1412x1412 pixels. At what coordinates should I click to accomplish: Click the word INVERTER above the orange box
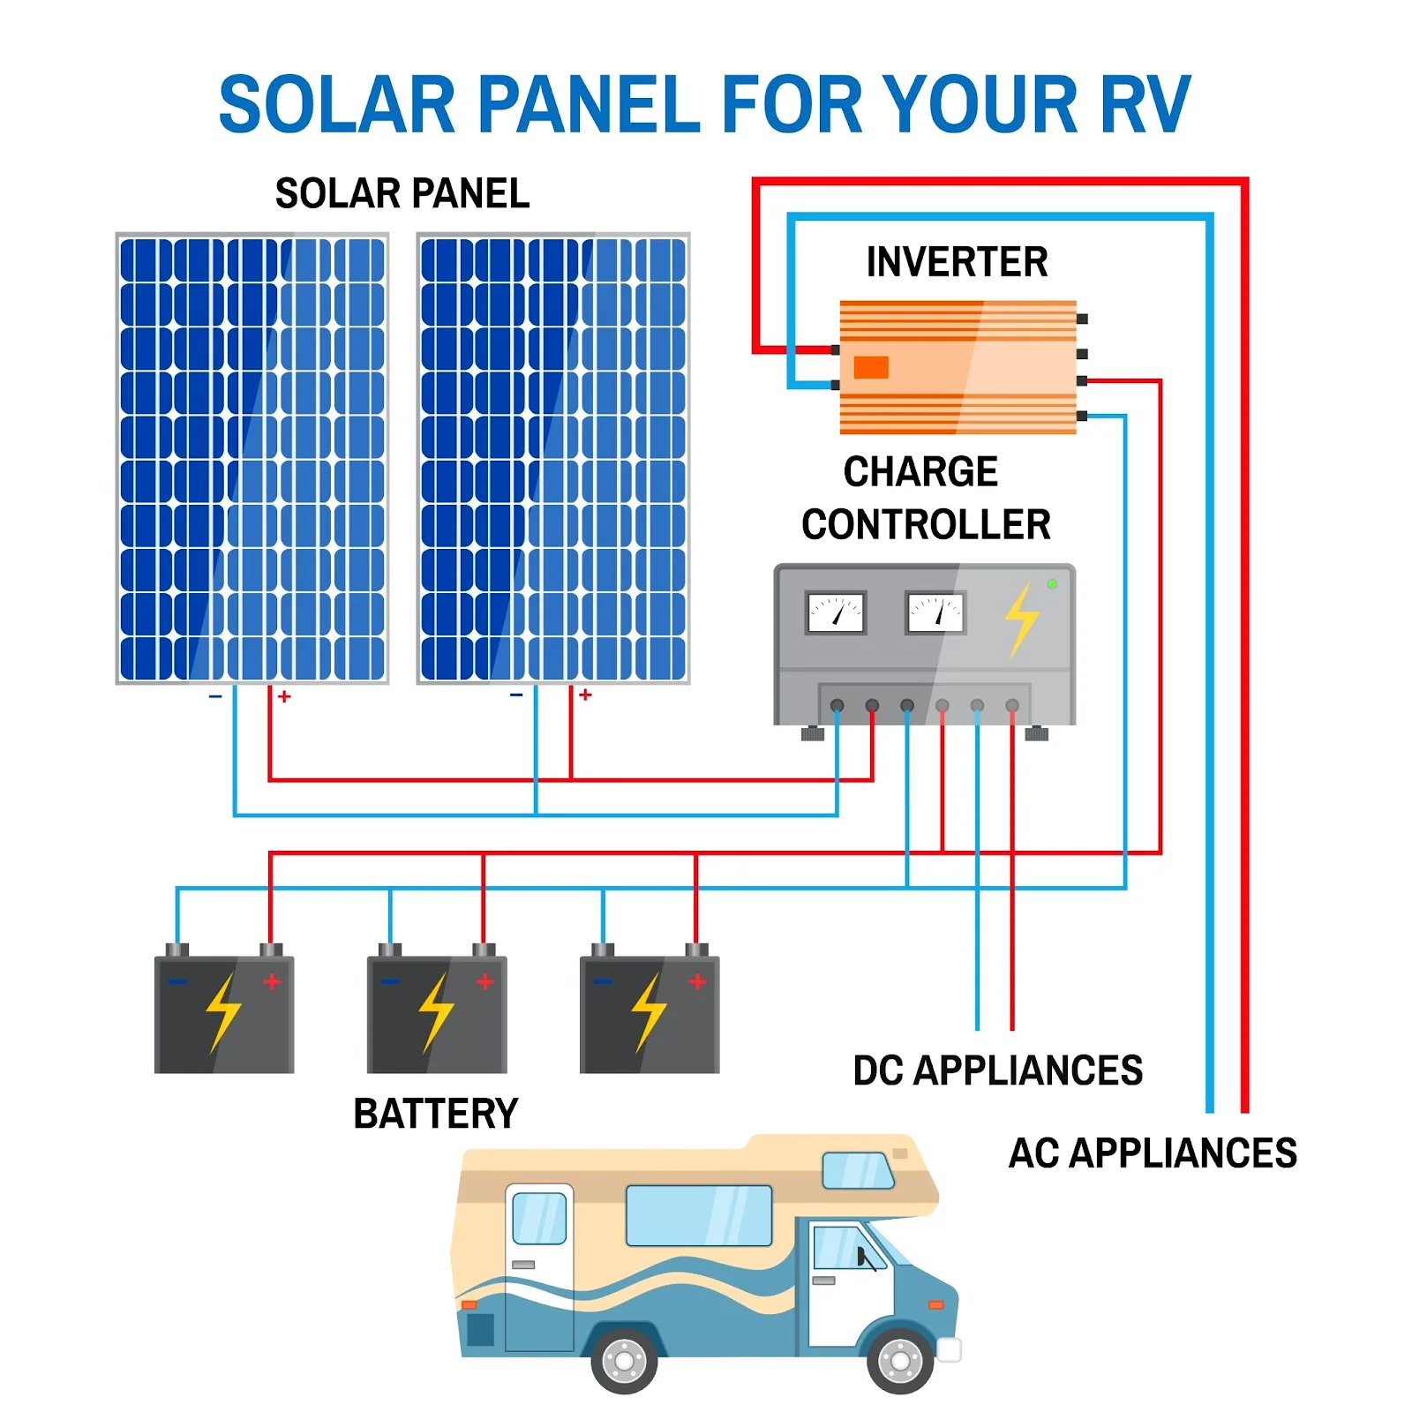point(957,262)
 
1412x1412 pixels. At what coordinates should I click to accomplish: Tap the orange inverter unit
point(958,367)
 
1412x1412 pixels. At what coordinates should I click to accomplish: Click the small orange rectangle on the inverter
point(871,367)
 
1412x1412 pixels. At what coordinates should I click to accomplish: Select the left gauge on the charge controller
point(835,612)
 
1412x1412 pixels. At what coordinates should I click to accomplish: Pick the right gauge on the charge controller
point(935,612)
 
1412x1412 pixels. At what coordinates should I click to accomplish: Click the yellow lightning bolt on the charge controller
point(1022,620)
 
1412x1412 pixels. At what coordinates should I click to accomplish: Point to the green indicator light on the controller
point(1052,583)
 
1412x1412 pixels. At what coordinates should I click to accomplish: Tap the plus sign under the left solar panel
point(284,696)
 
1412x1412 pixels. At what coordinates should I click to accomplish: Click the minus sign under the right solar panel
point(516,695)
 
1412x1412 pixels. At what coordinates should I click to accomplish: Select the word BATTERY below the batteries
point(436,1114)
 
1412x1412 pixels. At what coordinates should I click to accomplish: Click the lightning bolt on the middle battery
point(436,1012)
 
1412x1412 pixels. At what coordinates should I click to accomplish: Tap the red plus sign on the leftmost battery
point(272,981)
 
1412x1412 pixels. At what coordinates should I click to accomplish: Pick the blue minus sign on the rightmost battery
point(603,981)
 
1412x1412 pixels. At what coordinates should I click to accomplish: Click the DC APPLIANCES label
point(997,1070)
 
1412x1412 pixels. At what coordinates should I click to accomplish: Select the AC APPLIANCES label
point(1153,1153)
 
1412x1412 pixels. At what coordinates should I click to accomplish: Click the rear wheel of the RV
point(624,1360)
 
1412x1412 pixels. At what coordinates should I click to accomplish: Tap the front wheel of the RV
point(900,1360)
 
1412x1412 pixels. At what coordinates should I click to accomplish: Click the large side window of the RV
point(699,1215)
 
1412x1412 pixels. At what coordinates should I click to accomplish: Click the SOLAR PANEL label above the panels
point(402,193)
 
